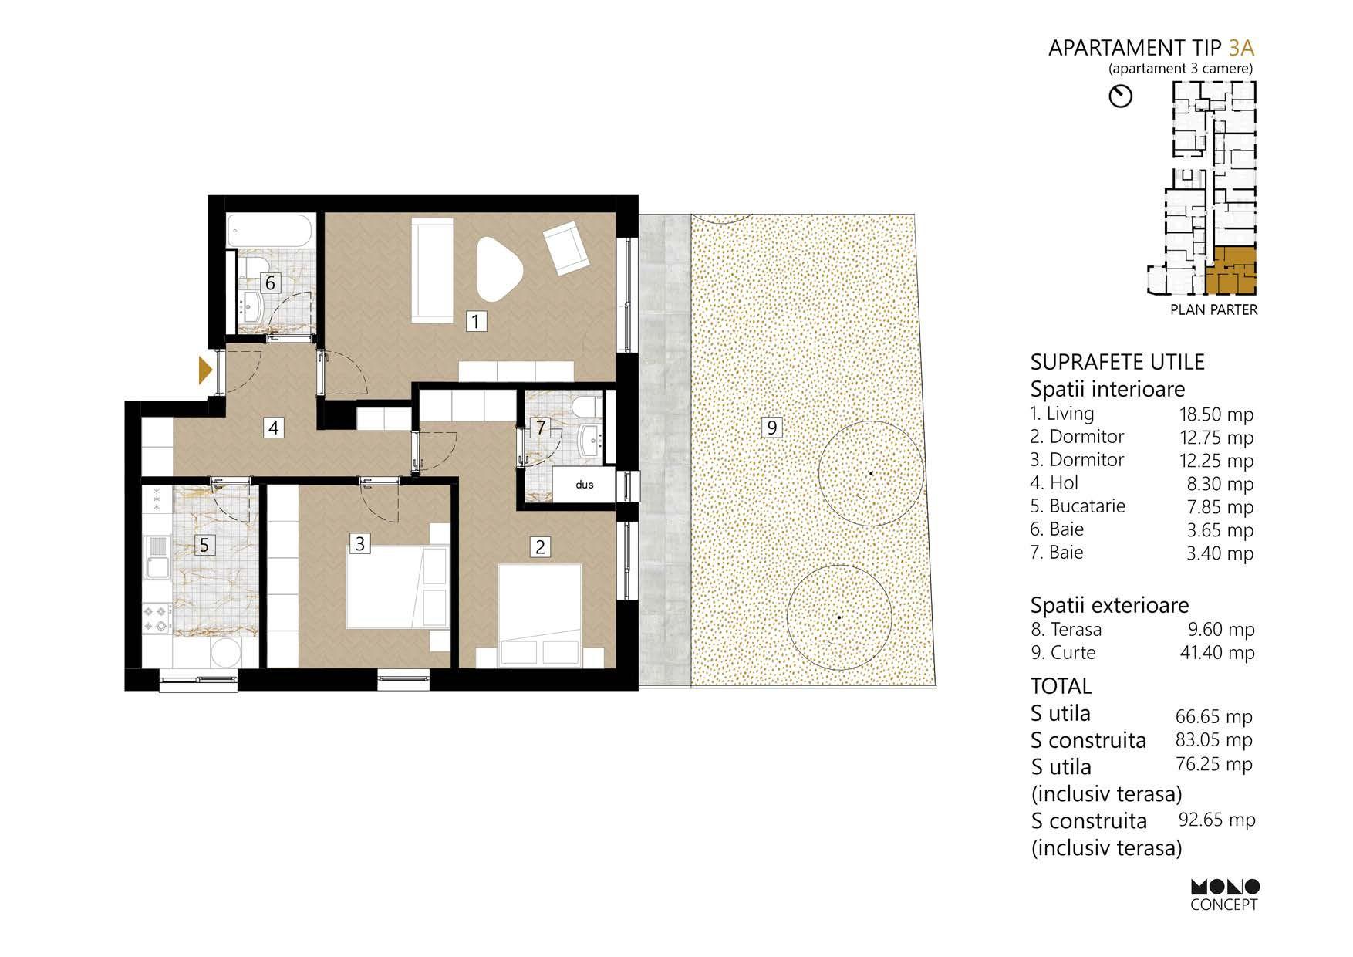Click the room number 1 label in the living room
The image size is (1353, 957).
tap(477, 321)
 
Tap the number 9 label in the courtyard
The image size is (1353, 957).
tap(771, 426)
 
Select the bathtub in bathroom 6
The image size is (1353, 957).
tap(270, 230)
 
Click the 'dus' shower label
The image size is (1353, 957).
tap(584, 485)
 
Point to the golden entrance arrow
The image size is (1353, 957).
tap(205, 370)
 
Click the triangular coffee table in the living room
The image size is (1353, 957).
tap(500, 268)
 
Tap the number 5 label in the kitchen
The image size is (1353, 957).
tap(204, 545)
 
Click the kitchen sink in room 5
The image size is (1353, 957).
tap(157, 557)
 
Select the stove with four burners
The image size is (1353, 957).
tap(158, 617)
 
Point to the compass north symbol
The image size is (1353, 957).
tap(1120, 96)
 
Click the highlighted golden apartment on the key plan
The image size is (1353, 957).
tap(1231, 272)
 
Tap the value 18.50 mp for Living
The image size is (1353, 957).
tap(1216, 414)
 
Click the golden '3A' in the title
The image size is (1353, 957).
tap(1241, 48)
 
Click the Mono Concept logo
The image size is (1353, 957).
tap(1224, 895)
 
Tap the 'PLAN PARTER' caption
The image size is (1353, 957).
tap(1213, 310)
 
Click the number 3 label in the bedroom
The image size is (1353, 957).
tap(359, 543)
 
